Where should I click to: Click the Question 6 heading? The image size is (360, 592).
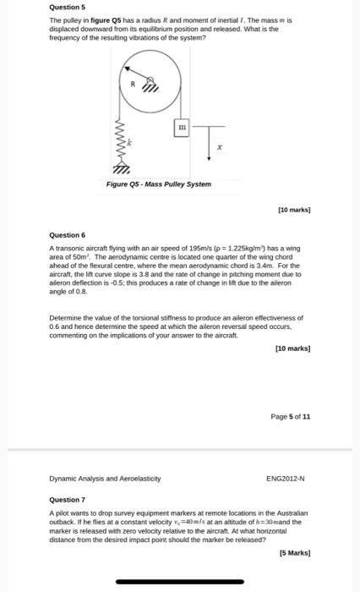click(x=67, y=234)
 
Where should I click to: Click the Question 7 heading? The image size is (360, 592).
click(x=67, y=499)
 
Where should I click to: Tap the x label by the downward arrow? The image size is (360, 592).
click(x=219, y=149)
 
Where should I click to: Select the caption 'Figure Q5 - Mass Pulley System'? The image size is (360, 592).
click(x=158, y=184)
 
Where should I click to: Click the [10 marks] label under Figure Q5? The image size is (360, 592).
click(x=294, y=207)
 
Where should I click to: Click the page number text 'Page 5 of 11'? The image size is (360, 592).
click(x=290, y=416)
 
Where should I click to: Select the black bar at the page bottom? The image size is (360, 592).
click(x=179, y=582)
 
